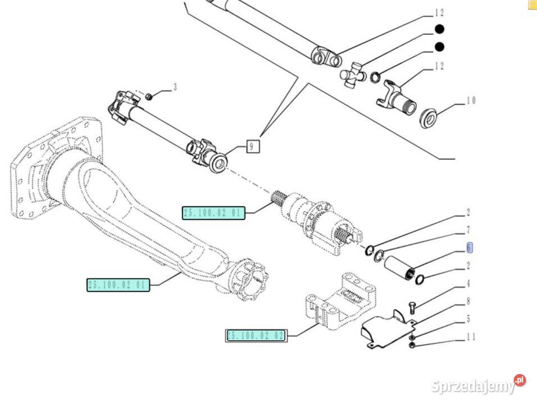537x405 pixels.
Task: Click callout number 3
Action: [175, 87]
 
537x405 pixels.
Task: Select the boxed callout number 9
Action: [252, 146]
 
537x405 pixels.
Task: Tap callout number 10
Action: [471, 101]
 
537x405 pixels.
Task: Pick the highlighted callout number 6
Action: [469, 247]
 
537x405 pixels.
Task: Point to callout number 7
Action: [468, 230]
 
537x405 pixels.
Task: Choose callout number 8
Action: [468, 301]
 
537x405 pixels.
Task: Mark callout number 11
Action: [471, 337]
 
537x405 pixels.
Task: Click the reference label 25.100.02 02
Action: [256, 336]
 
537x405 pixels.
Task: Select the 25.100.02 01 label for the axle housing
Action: [118, 285]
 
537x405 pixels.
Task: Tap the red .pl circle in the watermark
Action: [520, 380]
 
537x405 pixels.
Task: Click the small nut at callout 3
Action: [149, 97]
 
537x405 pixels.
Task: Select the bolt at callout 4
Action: [412, 305]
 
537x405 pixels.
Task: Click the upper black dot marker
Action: [440, 29]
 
